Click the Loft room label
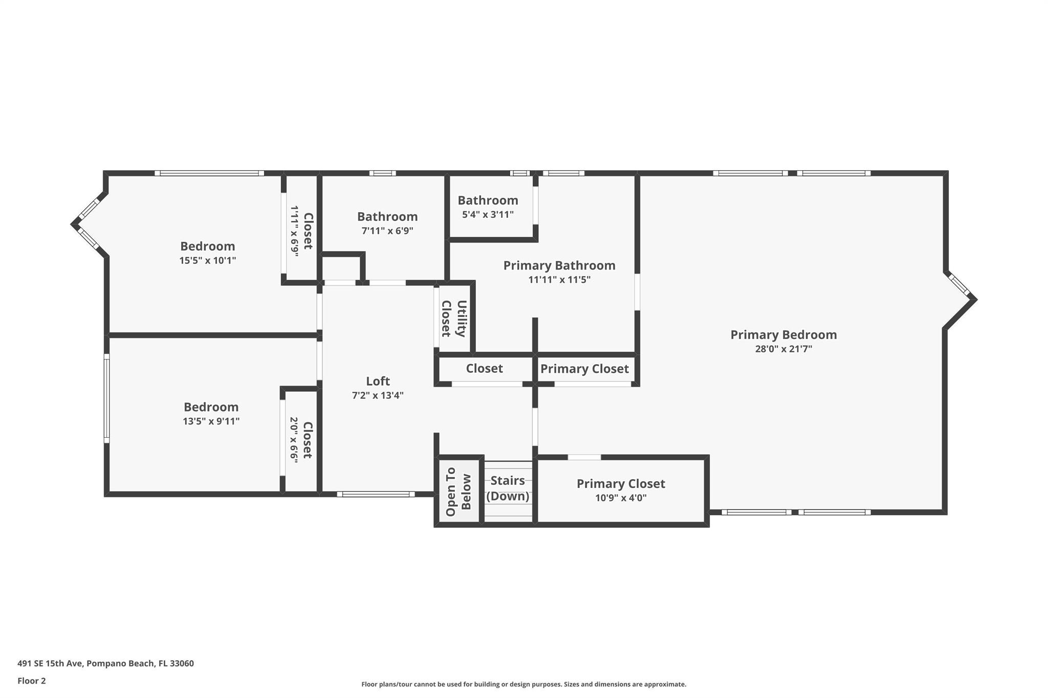pyautogui.click(x=378, y=381)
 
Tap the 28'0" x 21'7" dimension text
pyautogui.click(x=783, y=349)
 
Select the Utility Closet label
pyautogui.click(x=453, y=318)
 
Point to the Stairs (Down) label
pyautogui.click(x=508, y=488)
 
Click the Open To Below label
pyautogui.click(x=458, y=491)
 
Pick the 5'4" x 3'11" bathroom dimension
pyautogui.click(x=488, y=215)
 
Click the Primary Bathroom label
pyautogui.click(x=559, y=265)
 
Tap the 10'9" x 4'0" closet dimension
pyautogui.click(x=621, y=498)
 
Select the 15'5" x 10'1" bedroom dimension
pyautogui.click(x=207, y=260)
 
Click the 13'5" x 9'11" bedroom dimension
pyautogui.click(x=211, y=421)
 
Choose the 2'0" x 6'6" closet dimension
pyautogui.click(x=294, y=440)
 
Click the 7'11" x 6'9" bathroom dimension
pyautogui.click(x=387, y=231)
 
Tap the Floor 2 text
pyautogui.click(x=32, y=681)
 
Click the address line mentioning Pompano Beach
pyautogui.click(x=105, y=663)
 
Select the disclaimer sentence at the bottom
pyautogui.click(x=523, y=684)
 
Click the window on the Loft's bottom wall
pyautogui.click(x=376, y=494)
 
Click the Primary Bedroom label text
pyautogui.click(x=783, y=335)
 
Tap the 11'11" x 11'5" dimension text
pyautogui.click(x=559, y=280)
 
